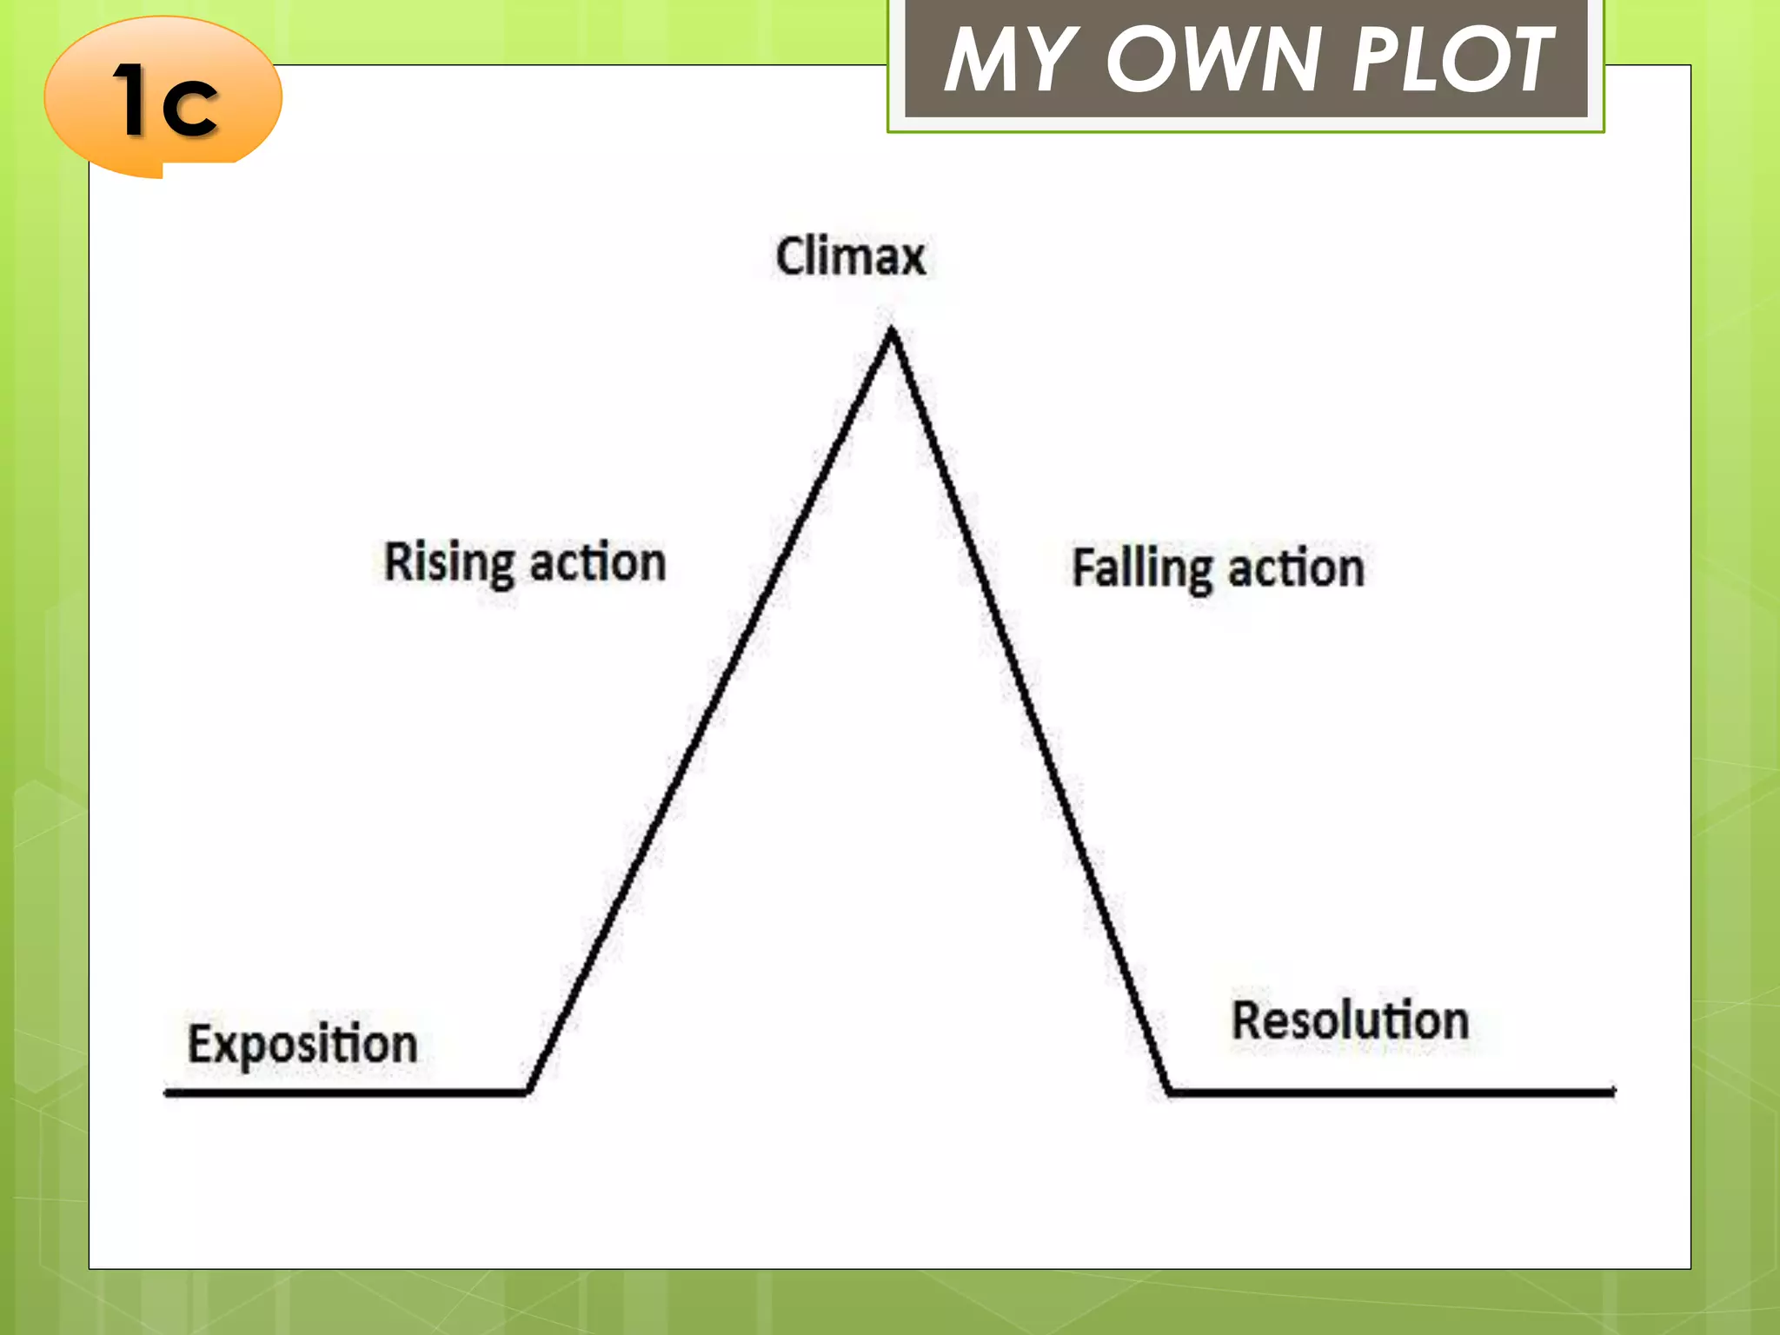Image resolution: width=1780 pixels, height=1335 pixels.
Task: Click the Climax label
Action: point(851,257)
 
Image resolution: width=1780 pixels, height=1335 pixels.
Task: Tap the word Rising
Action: point(449,563)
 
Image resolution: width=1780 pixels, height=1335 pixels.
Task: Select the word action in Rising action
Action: point(598,563)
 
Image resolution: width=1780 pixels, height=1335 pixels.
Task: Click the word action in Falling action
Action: point(1296,569)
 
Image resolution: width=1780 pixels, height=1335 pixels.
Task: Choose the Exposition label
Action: point(302,1045)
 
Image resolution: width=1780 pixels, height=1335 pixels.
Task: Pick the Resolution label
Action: point(1350,1021)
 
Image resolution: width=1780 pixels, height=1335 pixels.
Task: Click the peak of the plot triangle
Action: point(892,332)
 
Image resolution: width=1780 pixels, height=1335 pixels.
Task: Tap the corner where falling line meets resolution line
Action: point(1169,1091)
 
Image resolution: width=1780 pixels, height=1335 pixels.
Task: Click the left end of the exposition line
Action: point(168,1092)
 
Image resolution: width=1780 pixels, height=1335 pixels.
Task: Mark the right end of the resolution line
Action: point(1612,1092)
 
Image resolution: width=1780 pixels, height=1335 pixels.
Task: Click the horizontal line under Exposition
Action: point(348,1092)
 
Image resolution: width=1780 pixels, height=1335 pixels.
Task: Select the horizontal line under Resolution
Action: point(1391,1092)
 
